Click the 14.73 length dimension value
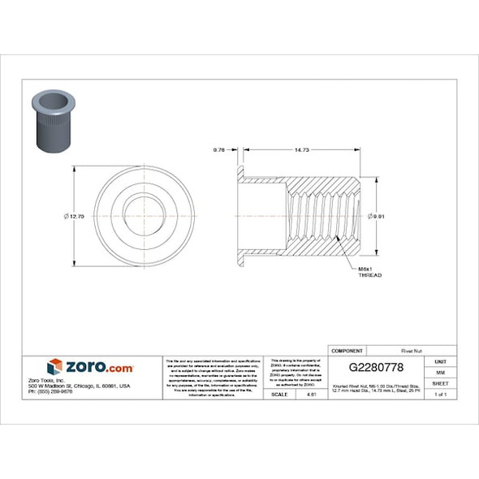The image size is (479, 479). (302, 149)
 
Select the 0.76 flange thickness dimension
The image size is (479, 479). (218, 149)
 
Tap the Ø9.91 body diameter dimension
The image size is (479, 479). (375, 216)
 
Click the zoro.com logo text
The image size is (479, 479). (99, 367)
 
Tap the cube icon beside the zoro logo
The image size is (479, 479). (54, 367)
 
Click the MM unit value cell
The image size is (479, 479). (440, 371)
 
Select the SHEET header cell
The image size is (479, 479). (440, 382)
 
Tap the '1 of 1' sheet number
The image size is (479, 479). (440, 394)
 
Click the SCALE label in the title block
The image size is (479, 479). (278, 394)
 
